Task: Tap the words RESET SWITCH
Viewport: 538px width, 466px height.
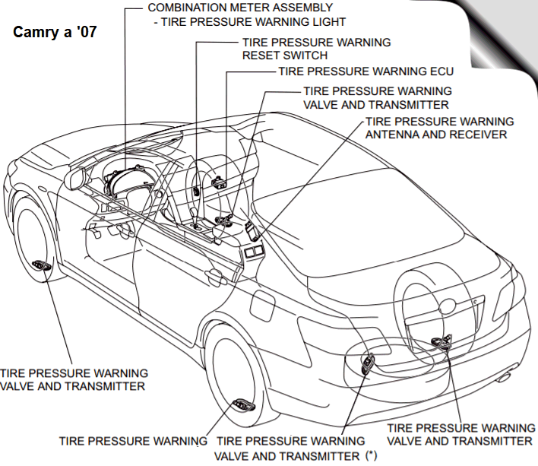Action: pos(285,55)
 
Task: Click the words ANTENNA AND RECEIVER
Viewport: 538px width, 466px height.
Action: pos(436,135)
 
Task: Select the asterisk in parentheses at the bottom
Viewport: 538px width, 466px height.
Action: pos(371,455)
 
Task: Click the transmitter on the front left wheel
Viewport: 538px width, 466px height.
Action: pos(41,265)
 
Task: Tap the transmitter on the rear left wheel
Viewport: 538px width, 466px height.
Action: pos(245,404)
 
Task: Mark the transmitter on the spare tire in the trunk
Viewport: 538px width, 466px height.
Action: pos(440,344)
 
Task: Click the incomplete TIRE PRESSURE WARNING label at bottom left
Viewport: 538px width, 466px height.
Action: pos(134,441)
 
